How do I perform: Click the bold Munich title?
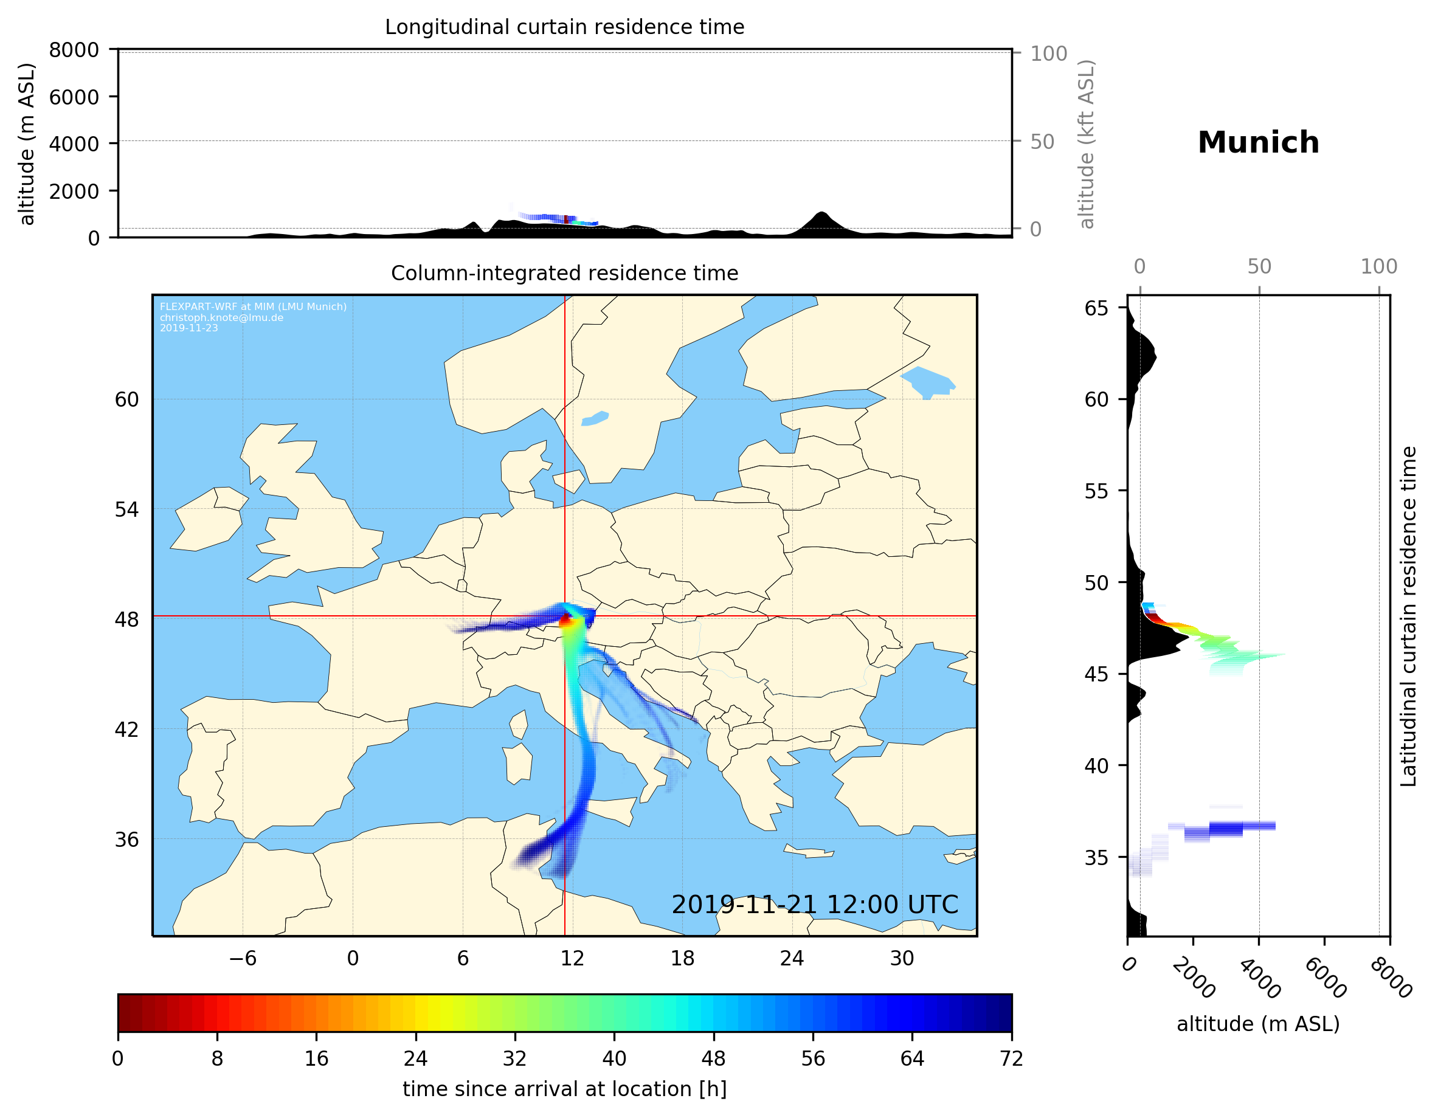[x=1257, y=143]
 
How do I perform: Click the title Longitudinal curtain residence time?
[x=564, y=27]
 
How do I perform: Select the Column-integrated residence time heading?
[x=564, y=273]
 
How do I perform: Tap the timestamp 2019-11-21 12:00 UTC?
[x=815, y=905]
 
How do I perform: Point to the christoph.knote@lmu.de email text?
[x=221, y=317]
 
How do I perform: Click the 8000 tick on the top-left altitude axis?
[x=74, y=50]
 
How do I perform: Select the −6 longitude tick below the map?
[x=242, y=959]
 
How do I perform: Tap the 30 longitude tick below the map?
[x=901, y=959]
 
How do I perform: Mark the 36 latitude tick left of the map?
[x=127, y=840]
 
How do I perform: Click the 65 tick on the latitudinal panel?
[x=1096, y=308]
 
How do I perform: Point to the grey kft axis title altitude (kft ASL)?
[x=1087, y=144]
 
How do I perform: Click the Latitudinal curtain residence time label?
[x=1408, y=616]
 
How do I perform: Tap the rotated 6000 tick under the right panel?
[x=1325, y=978]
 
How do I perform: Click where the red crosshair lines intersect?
[x=565, y=616]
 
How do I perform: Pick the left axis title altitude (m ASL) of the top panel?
[x=26, y=144]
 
